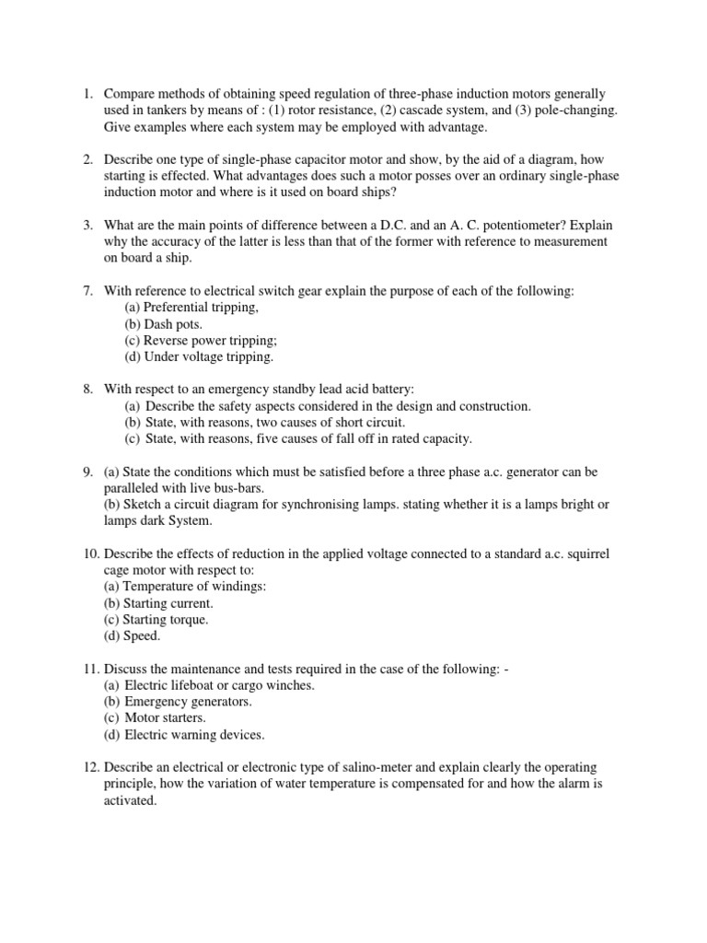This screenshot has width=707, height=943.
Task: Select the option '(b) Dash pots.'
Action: point(164,324)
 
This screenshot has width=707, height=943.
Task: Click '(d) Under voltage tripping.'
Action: point(199,357)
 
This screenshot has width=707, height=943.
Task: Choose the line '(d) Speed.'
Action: point(132,636)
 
